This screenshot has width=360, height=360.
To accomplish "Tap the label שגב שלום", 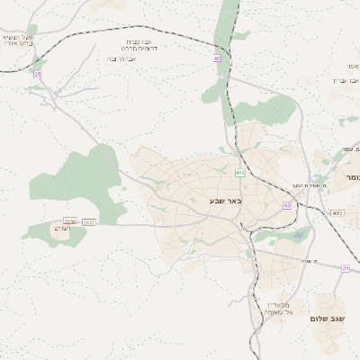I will point(328,319).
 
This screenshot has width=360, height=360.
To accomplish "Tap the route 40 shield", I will point(217,58).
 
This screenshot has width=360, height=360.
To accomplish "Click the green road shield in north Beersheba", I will point(238,172).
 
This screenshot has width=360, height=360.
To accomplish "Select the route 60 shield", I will point(287,205).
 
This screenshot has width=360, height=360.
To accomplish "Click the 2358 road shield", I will point(70,220).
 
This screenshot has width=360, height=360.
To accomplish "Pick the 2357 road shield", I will point(89,220).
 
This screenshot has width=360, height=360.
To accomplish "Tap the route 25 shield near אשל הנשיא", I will point(38,74).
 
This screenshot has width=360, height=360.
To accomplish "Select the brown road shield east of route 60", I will point(337,213).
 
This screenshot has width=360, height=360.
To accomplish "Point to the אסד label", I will point(350,67).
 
